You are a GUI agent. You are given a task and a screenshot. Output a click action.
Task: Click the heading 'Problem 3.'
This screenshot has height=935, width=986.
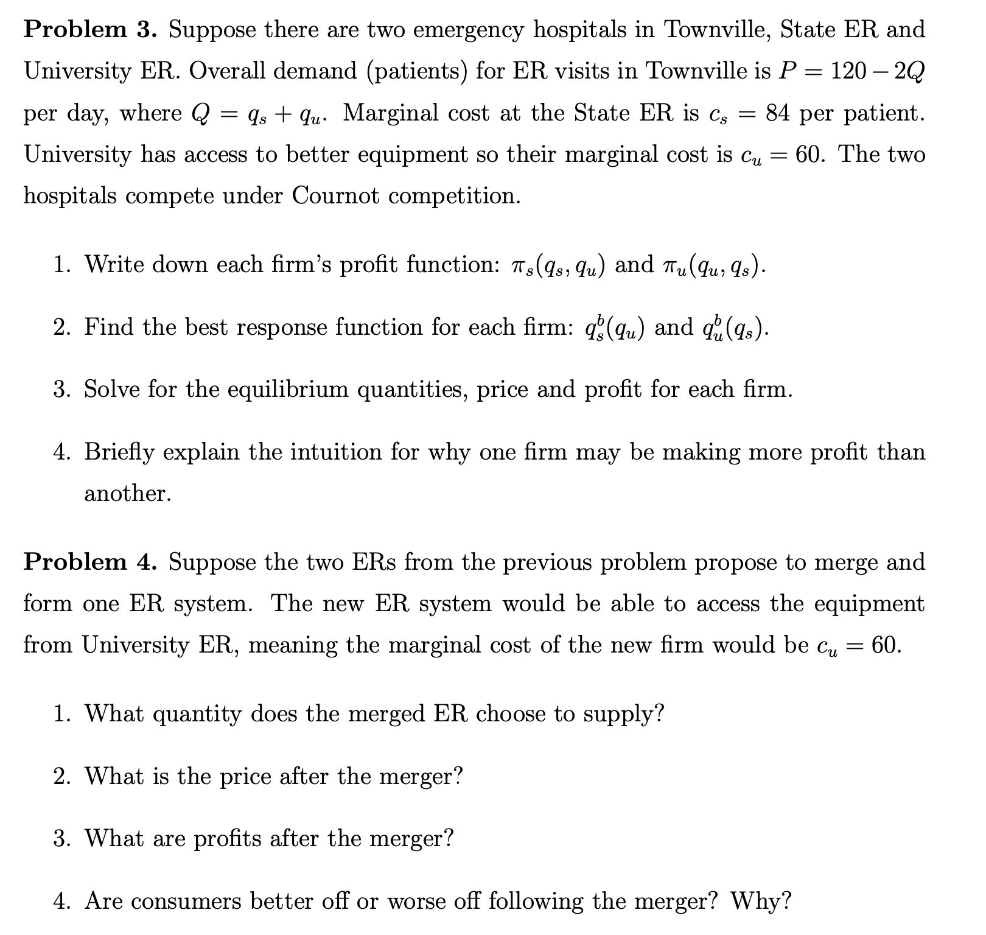coord(90,29)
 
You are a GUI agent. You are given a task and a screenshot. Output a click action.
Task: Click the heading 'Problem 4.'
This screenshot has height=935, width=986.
coord(90,562)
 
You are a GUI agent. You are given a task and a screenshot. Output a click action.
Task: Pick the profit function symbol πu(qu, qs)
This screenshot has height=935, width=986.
coord(712,266)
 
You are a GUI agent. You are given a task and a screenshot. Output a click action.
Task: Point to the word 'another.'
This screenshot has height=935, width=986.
coord(128,493)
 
